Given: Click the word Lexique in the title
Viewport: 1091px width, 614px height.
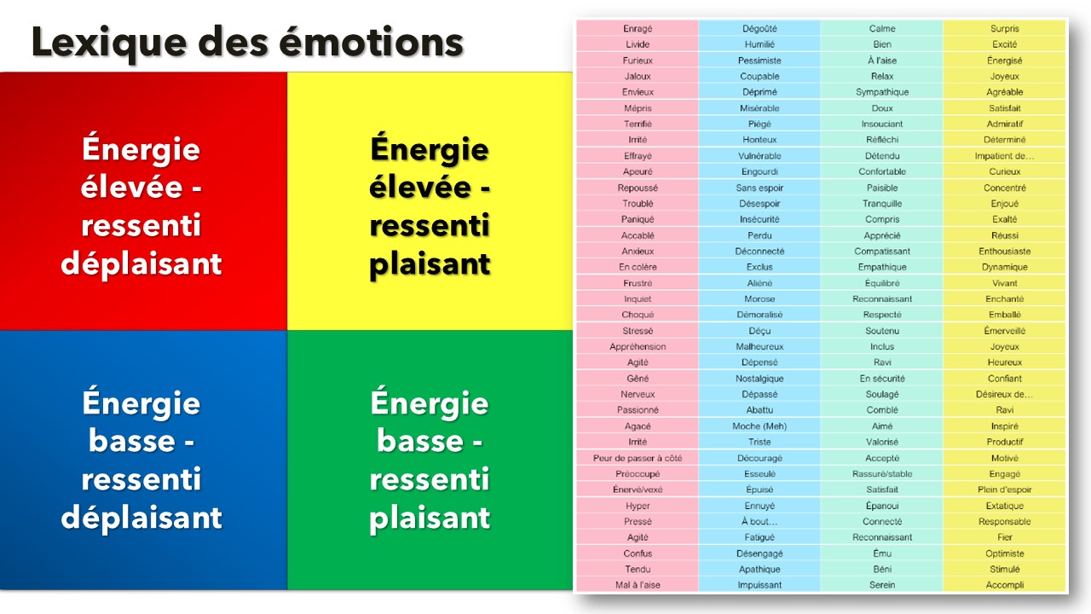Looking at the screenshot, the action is click(109, 43).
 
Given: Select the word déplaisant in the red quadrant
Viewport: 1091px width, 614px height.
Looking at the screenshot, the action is click(141, 264).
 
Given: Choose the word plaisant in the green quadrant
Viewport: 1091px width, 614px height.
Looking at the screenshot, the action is click(430, 518).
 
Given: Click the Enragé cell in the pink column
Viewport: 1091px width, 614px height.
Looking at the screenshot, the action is click(638, 28).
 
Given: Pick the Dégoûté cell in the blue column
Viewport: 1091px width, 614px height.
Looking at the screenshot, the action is click(759, 28).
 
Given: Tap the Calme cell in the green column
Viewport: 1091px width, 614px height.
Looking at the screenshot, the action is click(882, 28).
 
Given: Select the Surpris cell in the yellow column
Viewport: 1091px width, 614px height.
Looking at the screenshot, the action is click(1005, 28).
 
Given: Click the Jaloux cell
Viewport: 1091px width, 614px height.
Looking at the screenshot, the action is click(638, 76).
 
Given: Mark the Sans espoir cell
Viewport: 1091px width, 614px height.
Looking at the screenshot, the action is click(759, 188).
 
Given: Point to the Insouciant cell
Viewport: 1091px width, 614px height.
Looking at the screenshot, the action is click(882, 124).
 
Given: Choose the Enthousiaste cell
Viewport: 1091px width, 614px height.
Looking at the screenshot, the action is click(1005, 251).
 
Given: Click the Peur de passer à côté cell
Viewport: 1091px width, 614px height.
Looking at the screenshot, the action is click(638, 458).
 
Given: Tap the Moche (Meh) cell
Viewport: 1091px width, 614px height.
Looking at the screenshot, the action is click(759, 426).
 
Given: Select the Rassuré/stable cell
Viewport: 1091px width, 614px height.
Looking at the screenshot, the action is click(882, 473).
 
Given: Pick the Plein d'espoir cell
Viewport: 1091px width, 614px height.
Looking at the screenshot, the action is click(1005, 489).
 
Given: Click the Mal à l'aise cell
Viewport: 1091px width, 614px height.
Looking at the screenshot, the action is click(638, 585).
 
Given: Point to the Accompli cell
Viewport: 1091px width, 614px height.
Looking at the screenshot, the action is click(1005, 585).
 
